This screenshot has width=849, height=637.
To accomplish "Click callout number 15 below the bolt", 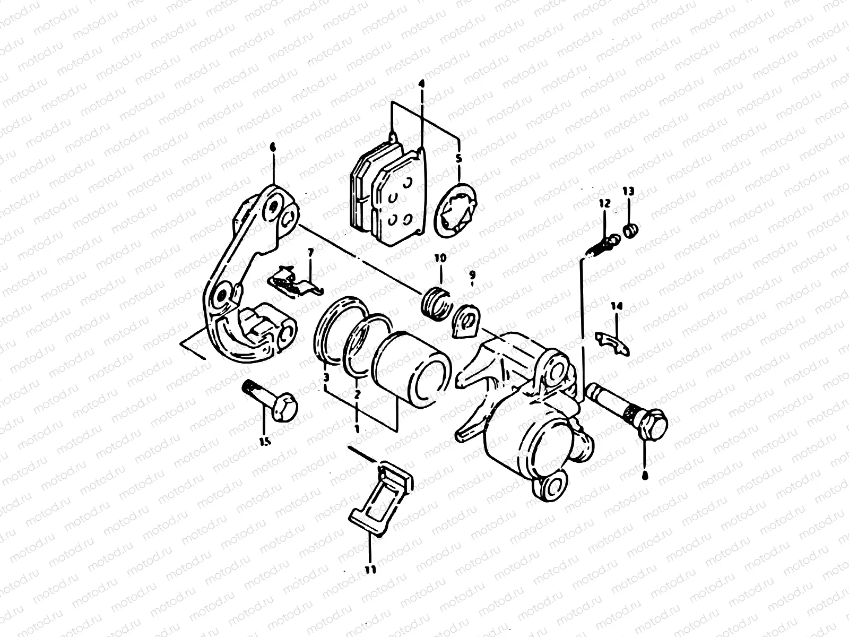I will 264,441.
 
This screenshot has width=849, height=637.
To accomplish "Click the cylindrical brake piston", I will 411,372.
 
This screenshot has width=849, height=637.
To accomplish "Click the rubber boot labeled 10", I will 436,305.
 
